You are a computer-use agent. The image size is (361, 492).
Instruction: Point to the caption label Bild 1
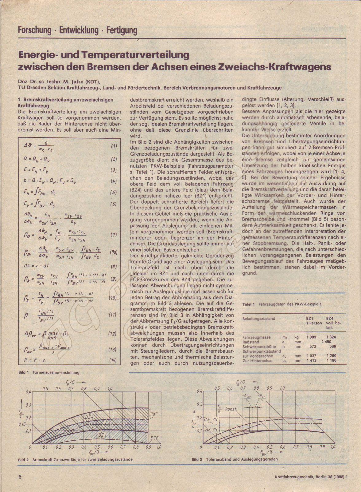click(23, 372)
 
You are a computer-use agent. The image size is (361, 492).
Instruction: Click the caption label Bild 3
click(197, 459)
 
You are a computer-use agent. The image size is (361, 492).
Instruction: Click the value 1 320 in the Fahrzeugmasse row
click(331, 337)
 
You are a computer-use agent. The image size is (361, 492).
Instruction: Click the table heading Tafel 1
click(249, 304)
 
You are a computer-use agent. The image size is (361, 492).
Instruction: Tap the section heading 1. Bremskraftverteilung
click(65, 100)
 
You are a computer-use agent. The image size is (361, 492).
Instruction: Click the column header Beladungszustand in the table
click(259, 319)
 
